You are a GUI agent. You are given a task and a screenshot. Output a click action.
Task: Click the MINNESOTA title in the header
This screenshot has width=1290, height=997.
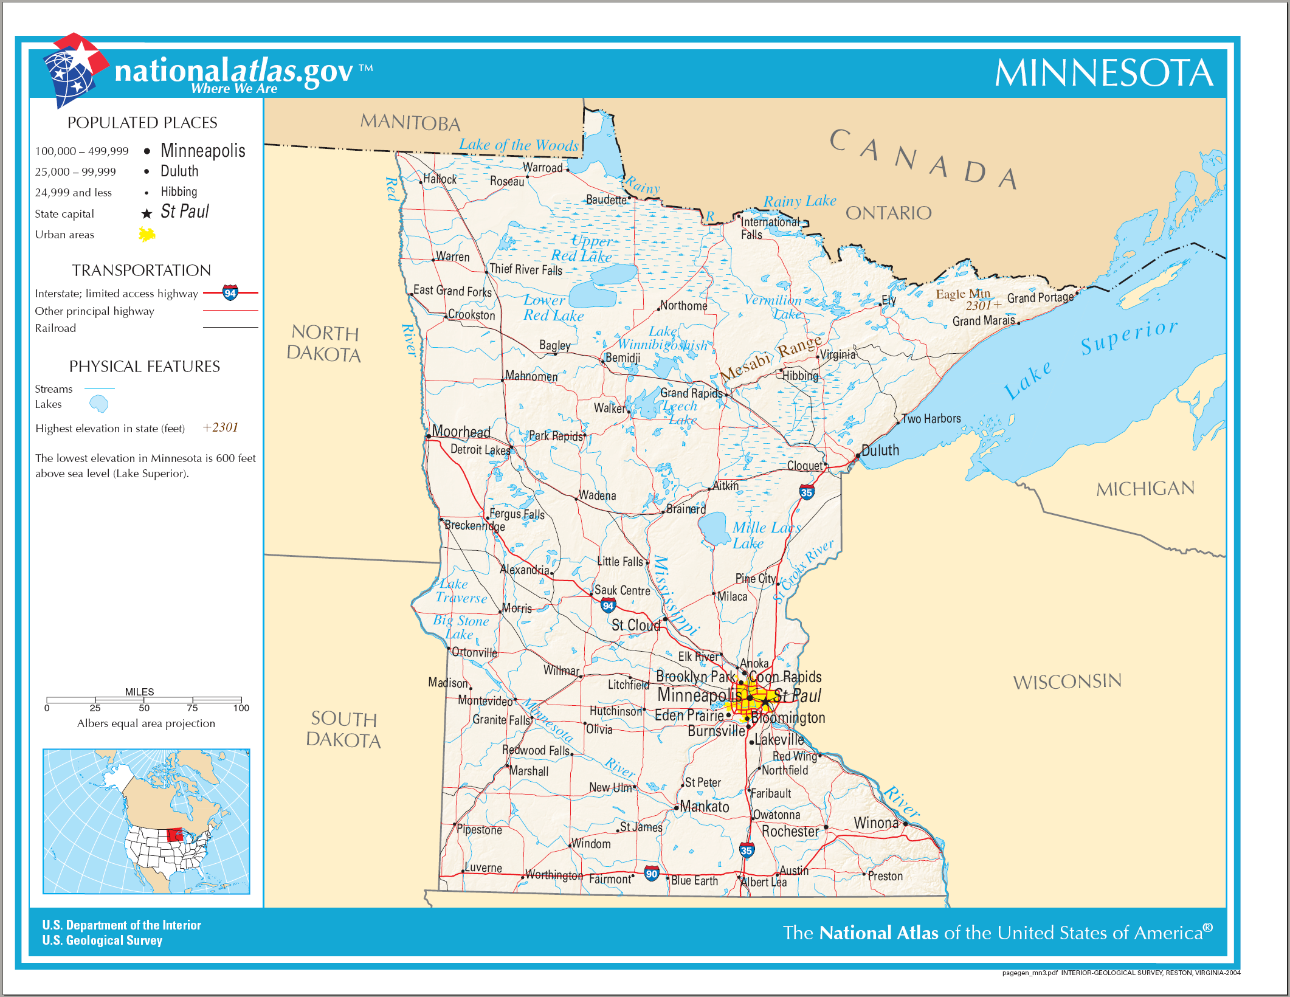click(x=1103, y=74)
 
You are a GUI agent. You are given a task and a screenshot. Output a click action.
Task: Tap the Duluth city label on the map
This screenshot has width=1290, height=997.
click(x=880, y=450)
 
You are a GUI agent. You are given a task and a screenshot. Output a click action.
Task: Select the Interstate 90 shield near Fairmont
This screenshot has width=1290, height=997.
click(x=651, y=874)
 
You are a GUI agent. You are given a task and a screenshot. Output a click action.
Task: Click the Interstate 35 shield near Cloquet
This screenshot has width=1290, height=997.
click(x=806, y=492)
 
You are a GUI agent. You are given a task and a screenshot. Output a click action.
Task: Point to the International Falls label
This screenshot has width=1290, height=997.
click(x=769, y=228)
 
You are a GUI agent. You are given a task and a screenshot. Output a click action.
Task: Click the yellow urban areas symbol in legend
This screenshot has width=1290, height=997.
click(x=147, y=234)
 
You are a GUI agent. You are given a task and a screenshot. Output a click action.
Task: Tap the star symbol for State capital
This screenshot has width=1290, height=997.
click(x=147, y=213)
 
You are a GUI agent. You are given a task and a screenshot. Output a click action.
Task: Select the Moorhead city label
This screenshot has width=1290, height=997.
click(x=461, y=432)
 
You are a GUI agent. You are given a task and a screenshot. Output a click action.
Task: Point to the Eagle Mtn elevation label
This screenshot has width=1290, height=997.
click(x=962, y=294)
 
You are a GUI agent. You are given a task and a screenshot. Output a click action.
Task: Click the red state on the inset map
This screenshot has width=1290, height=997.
click(x=174, y=834)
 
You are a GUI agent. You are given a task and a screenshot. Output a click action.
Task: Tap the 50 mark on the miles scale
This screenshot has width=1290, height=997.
click(x=144, y=708)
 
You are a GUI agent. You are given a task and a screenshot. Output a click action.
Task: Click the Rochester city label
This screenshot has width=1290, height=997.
click(x=790, y=831)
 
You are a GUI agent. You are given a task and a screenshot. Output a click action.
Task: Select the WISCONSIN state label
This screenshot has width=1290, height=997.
click(x=1067, y=681)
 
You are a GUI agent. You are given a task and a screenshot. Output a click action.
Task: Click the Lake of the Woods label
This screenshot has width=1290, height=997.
click(x=519, y=145)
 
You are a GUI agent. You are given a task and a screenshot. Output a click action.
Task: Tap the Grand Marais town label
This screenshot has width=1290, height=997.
click(x=983, y=320)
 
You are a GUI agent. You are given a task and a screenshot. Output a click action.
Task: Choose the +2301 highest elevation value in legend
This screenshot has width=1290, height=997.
click(x=220, y=427)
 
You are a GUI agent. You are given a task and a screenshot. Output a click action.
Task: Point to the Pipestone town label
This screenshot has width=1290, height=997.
click(x=479, y=830)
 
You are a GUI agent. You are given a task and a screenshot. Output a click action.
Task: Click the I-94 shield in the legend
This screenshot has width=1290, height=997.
click(x=230, y=293)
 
